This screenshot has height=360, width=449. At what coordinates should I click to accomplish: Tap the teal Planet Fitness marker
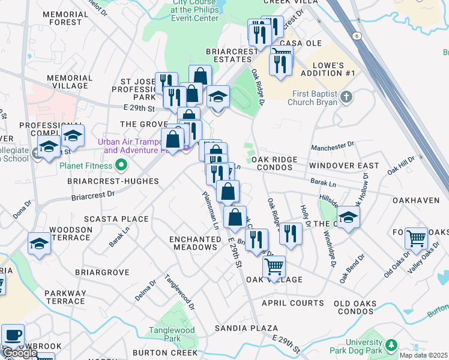[x=121, y=164]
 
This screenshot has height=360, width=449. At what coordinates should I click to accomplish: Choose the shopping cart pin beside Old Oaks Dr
[x=416, y=238]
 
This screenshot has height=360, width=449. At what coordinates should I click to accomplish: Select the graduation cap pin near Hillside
[x=348, y=217]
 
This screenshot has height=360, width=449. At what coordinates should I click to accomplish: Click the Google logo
[x=20, y=352]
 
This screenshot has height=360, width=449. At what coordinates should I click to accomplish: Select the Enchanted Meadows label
[x=193, y=243]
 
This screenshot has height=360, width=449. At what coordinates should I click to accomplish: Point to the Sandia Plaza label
[x=247, y=328]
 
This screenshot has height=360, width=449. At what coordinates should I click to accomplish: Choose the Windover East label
[x=345, y=166]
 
